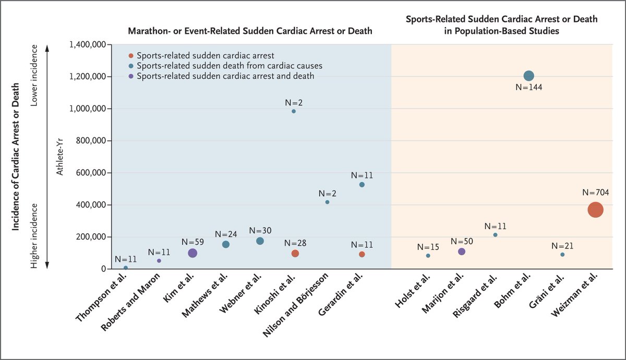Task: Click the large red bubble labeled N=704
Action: pyautogui.click(x=595, y=210)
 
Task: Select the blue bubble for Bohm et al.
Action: pyautogui.click(x=528, y=76)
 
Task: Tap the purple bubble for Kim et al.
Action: pyautogui.click(x=192, y=253)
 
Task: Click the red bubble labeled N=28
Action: pyautogui.click(x=295, y=253)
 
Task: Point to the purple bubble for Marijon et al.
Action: pyautogui.click(x=461, y=251)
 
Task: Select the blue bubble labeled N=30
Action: pyautogui.click(x=260, y=241)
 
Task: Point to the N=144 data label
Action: pyautogui.click(x=528, y=88)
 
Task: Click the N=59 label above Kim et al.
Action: pyautogui.click(x=192, y=242)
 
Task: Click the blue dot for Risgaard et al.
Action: pyautogui.click(x=495, y=235)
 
